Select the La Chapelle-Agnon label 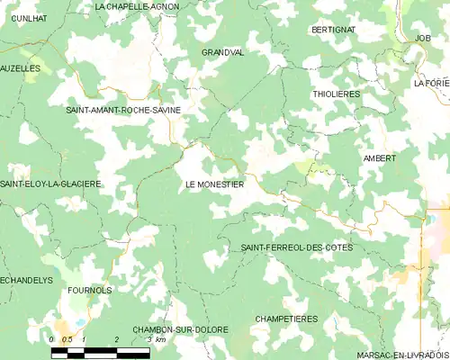pos(136,6)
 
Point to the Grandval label pos(222,52)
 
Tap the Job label pos(423,39)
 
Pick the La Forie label pos(432,83)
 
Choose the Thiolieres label pos(335,93)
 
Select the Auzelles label pos(21,67)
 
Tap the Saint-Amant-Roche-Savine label pos(123,110)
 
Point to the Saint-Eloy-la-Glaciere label pos(50,184)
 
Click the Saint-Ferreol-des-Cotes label pos(297,247)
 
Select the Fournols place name pos(90,291)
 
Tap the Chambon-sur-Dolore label pos(180,329)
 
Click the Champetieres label pos(286,319)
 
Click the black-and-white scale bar pos(100,352)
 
